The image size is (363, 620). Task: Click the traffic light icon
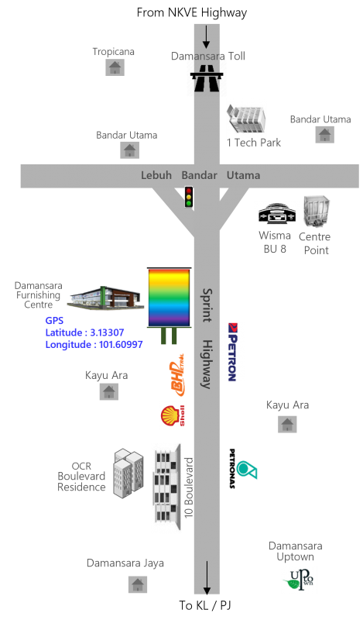pos(189,197)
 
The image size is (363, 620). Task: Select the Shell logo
pos(173,415)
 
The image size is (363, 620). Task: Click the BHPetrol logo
pos(177,374)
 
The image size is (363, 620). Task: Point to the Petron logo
pos(232,352)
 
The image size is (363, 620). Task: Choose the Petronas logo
pos(242,469)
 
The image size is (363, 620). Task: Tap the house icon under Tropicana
pos(115,67)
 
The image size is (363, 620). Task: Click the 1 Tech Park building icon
pos(246,119)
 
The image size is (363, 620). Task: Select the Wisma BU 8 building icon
pos(277,214)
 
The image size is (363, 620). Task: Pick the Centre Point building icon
pos(316,212)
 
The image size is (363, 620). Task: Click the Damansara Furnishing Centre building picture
pos(105,298)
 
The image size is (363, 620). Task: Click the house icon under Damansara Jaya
pos(138,584)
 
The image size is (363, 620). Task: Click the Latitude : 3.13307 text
pos(84,332)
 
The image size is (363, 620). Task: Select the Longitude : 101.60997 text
pos(94,344)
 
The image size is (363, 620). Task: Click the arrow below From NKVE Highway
pos(206,37)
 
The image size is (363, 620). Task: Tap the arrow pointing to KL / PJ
pos(206,577)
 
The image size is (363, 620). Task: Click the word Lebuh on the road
pos(156,175)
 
